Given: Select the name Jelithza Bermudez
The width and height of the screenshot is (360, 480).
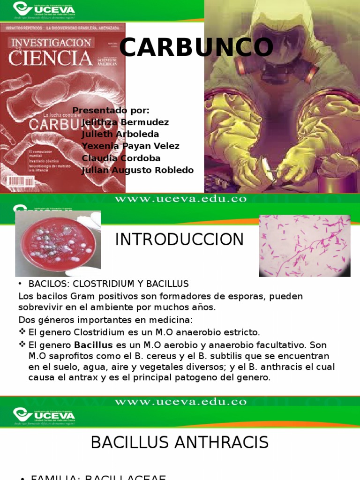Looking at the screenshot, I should pyautogui.click(x=125, y=122).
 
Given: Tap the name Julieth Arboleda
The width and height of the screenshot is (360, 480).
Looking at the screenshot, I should pyautogui.click(x=120, y=135).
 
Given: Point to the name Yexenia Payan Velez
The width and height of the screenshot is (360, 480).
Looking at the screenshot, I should pyautogui.click(x=130, y=146).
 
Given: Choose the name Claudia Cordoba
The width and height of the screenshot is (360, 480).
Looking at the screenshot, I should pyautogui.click(x=121, y=158).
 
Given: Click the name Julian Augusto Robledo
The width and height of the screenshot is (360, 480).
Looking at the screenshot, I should pyautogui.click(x=137, y=170).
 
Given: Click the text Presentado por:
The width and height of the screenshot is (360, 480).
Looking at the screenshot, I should pyautogui.click(x=111, y=111).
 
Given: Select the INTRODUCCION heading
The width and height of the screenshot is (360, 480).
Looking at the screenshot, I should pyautogui.click(x=180, y=240).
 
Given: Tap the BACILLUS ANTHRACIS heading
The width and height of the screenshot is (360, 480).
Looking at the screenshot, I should pyautogui.click(x=180, y=442).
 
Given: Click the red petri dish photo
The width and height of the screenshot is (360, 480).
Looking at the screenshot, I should pyautogui.click(x=58, y=243).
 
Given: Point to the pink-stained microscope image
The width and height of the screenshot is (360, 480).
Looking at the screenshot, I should pyautogui.click(x=304, y=245).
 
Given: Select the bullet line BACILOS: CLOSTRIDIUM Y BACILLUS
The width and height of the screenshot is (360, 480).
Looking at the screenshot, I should pyautogui.click(x=108, y=284).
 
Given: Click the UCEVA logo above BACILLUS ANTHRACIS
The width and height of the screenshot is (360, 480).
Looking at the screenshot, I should pyautogui.click(x=44, y=415).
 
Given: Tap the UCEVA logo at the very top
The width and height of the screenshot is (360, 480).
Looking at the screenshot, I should pyautogui.click(x=44, y=9).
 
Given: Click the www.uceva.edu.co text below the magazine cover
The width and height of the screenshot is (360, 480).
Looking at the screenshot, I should pyautogui.click(x=180, y=199).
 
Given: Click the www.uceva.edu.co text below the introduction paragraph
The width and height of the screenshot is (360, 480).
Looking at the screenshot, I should pyautogui.click(x=180, y=401).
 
